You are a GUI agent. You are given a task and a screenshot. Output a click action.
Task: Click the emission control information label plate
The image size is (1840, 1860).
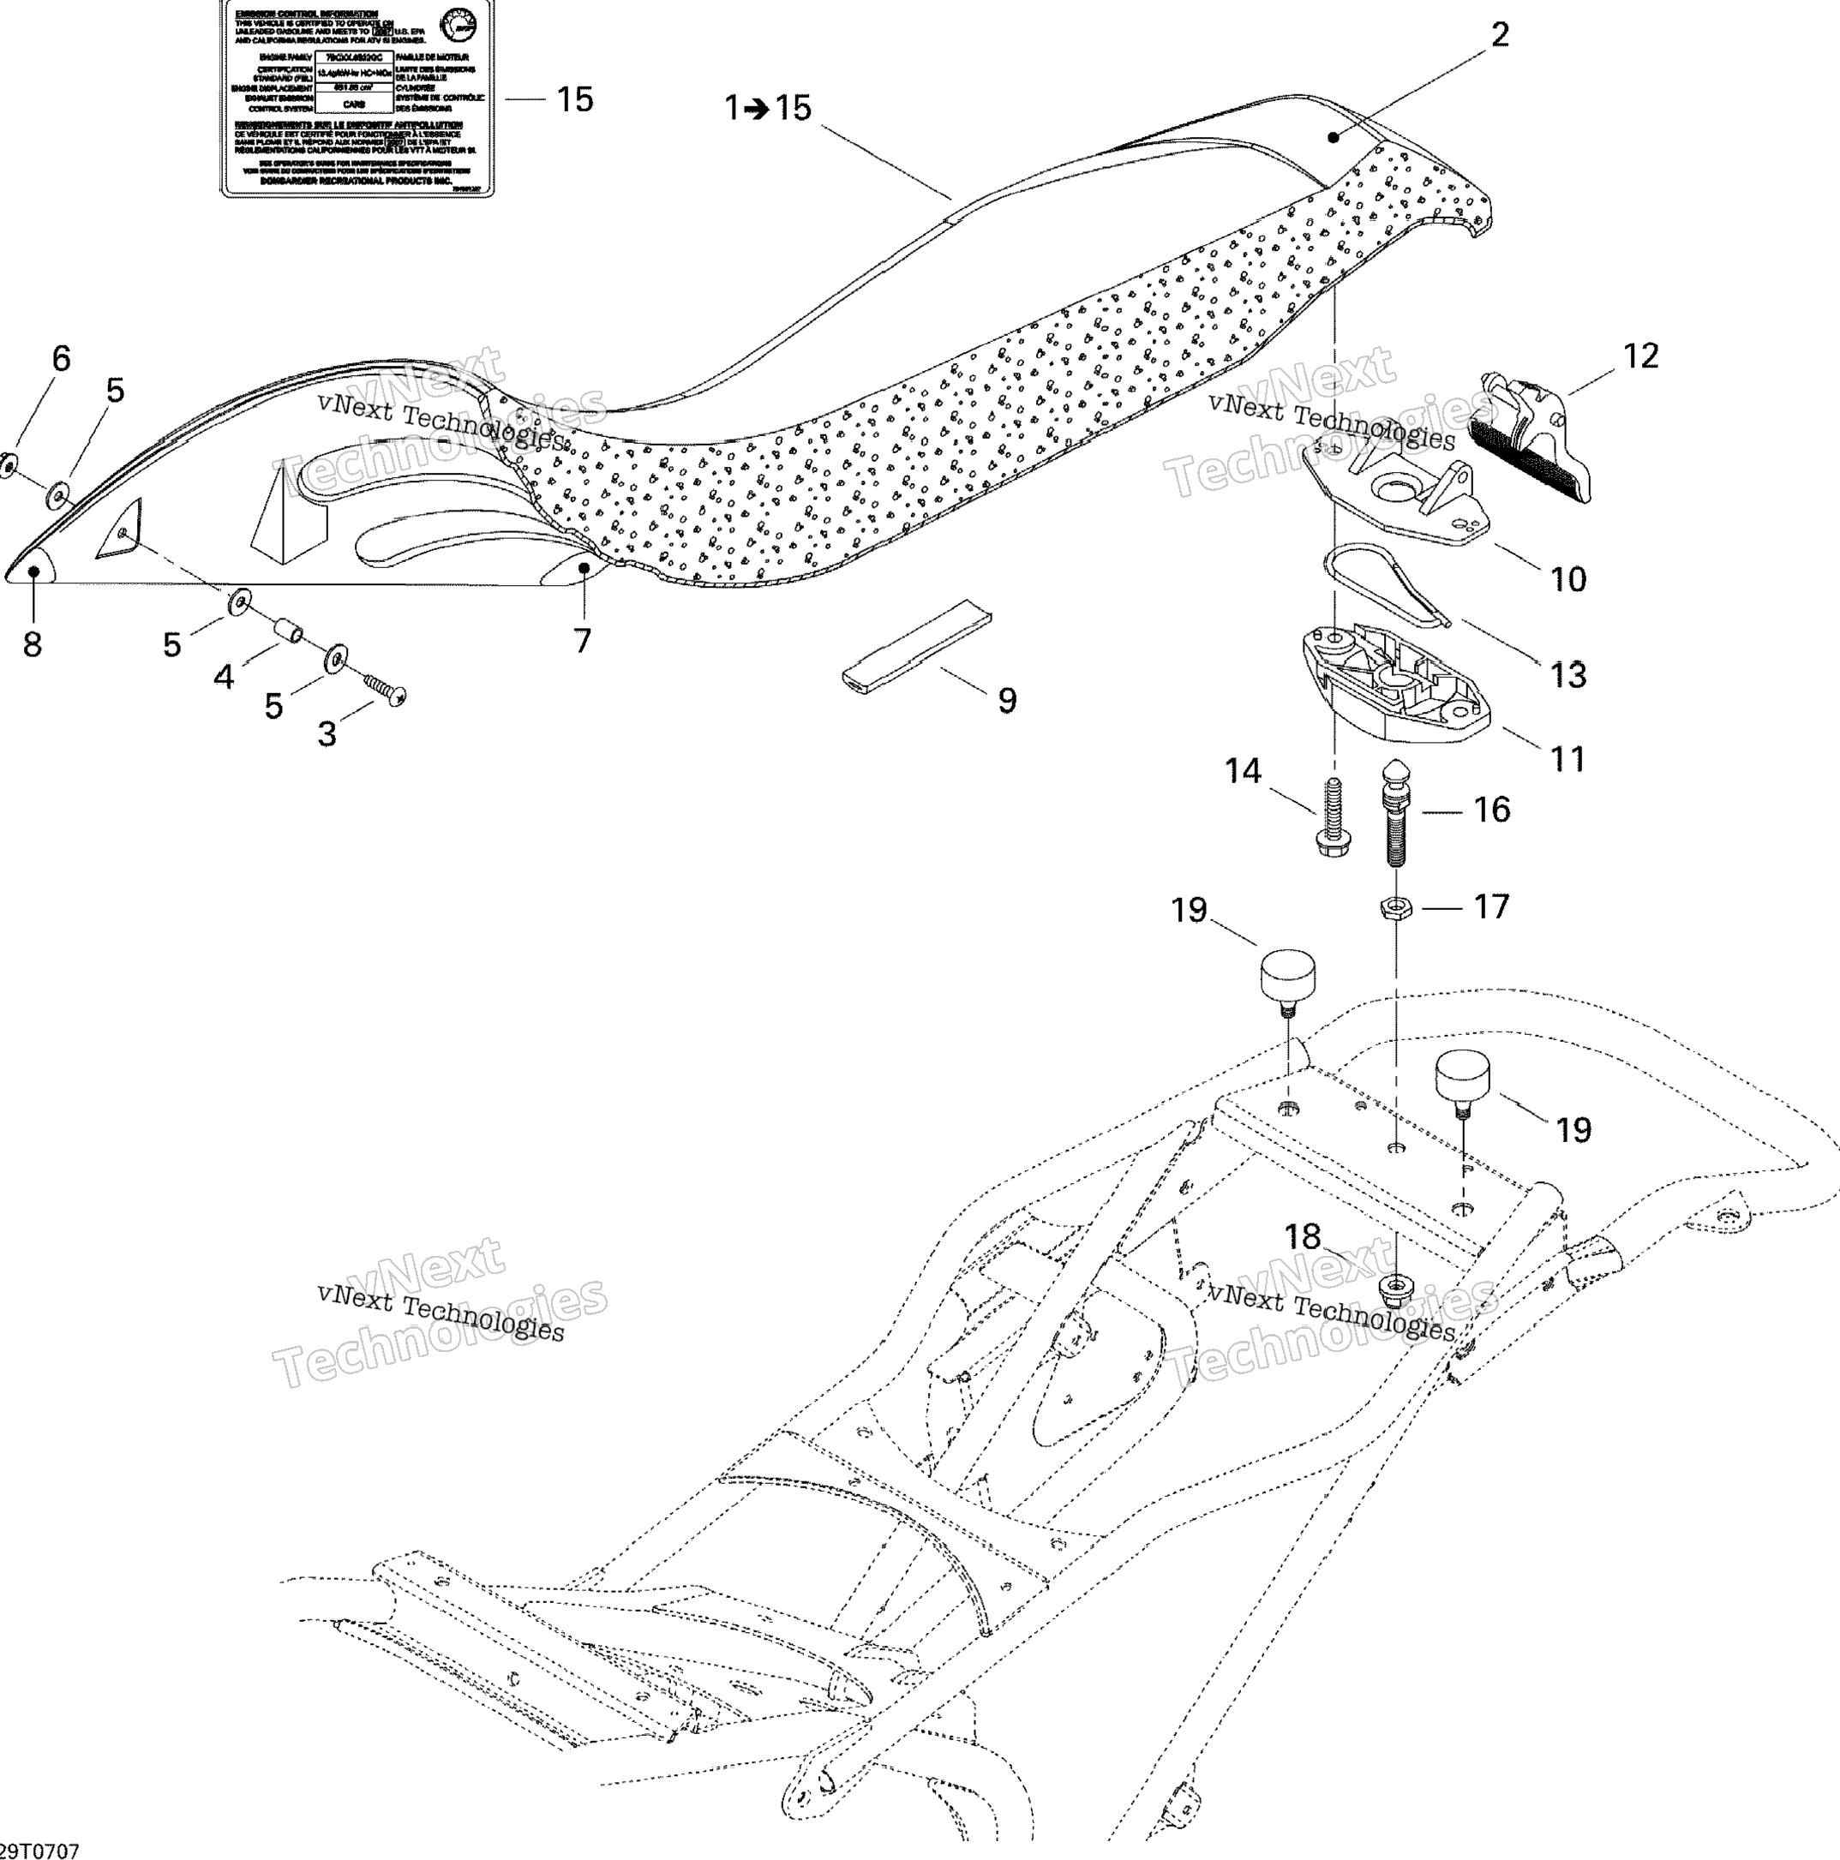tap(357, 99)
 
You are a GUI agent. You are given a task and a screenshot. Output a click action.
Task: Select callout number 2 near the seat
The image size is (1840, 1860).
tap(1499, 36)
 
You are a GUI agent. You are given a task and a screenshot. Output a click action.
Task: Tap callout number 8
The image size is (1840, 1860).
tap(33, 644)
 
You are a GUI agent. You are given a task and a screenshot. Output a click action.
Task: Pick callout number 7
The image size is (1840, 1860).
tap(582, 640)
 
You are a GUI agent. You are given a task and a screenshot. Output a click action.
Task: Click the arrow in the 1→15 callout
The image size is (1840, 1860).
tap(758, 109)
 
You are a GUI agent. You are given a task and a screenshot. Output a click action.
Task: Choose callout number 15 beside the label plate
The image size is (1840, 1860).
tap(575, 99)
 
